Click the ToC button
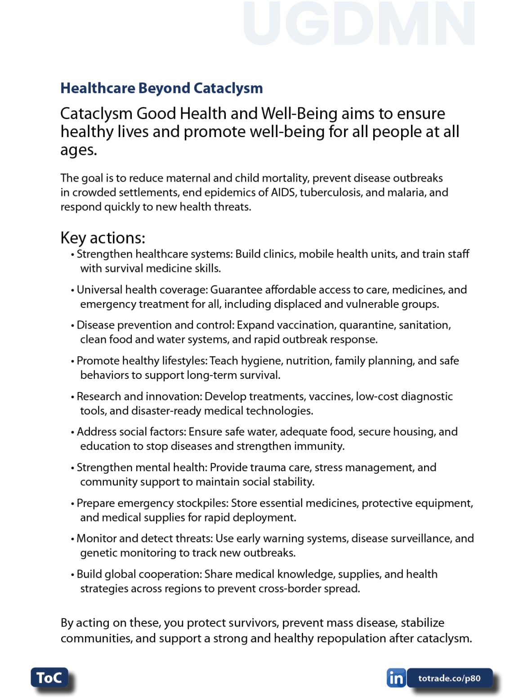coord(49,677)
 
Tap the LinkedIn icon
coord(396,678)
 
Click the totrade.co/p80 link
coord(449,678)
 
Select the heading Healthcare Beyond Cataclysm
coord(161,88)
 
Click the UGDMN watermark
coord(359,24)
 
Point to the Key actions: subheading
coord(103,237)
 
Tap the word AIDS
coord(283,192)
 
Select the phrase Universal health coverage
coord(141,289)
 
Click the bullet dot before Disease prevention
coord(72,326)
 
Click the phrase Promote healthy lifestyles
coord(141,361)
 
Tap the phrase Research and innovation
coord(139,396)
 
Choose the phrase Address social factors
coord(130,432)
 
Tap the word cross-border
coord(301,588)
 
